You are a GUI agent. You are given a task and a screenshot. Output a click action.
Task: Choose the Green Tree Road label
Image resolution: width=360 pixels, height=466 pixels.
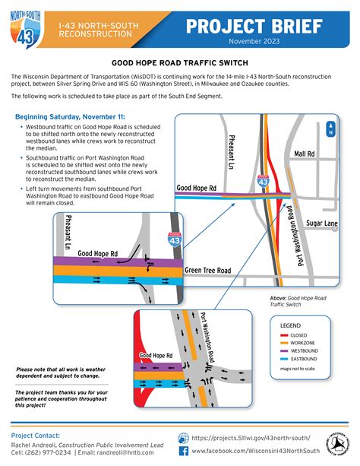[207, 270]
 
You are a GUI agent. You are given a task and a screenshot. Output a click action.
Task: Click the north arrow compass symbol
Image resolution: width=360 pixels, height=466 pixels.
[330, 129]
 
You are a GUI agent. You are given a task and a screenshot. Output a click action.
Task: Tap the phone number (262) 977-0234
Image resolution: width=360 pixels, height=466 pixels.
[43, 452]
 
